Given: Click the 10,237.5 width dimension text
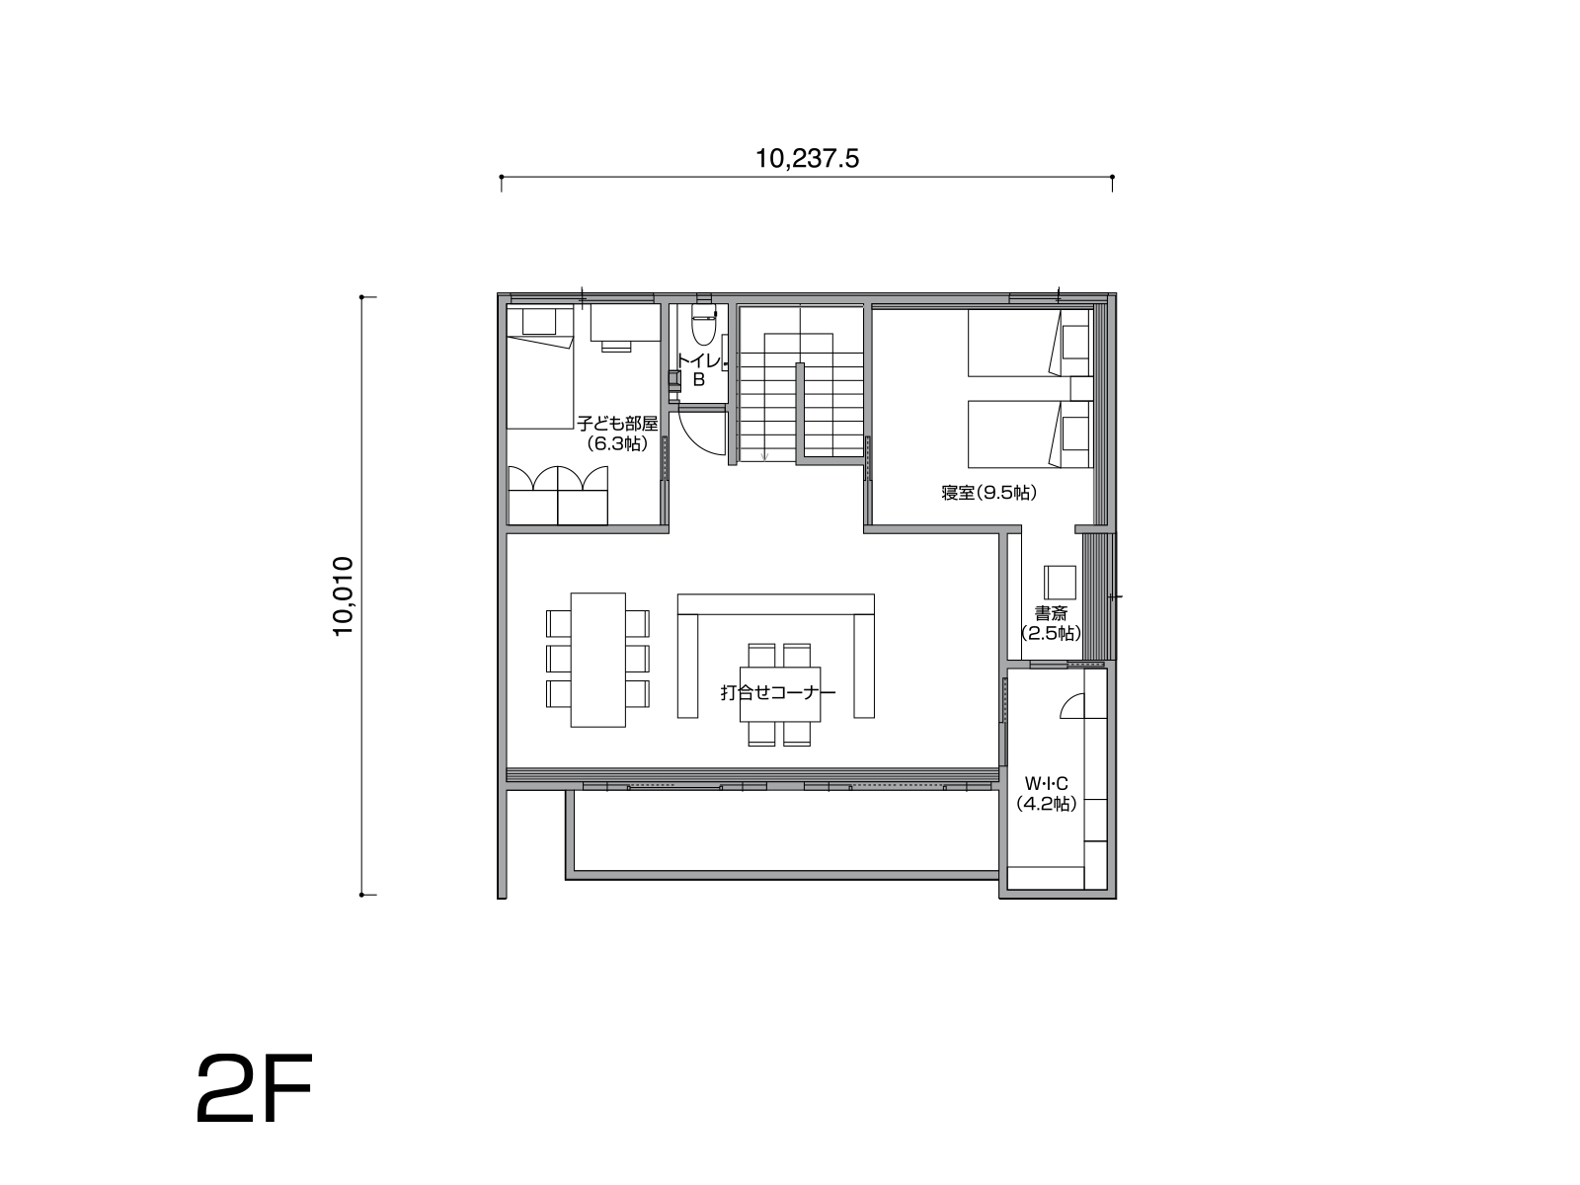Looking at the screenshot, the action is click(807, 159).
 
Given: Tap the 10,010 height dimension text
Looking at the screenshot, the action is click(344, 595).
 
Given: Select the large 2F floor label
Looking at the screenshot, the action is click(255, 1088).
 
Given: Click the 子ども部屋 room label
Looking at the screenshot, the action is click(617, 424).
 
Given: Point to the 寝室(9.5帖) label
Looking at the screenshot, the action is click(989, 493).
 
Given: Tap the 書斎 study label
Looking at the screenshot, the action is click(1051, 613).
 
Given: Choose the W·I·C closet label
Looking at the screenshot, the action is click(1047, 783).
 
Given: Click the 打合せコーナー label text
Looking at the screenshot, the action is click(778, 692).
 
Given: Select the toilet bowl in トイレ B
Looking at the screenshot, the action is click(703, 325).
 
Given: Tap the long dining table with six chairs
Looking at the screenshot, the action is click(598, 660).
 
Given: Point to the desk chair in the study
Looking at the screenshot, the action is click(1060, 582).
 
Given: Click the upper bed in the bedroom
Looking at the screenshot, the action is click(1030, 343).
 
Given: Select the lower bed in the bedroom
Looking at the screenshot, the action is click(1030, 434).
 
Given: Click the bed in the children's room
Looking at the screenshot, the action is click(540, 367).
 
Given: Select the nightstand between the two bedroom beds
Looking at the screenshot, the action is click(1081, 388).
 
